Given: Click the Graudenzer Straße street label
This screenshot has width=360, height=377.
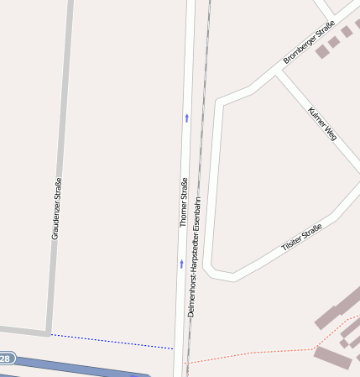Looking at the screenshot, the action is coord(56,210).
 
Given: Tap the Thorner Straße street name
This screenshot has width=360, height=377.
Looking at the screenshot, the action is coord(183,202).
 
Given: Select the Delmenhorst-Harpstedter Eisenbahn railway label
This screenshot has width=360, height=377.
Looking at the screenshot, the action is coord(194,256).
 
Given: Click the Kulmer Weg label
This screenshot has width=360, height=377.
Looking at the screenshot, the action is coord(321,123).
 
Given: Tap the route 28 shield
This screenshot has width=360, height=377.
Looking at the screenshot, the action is coord(6,359).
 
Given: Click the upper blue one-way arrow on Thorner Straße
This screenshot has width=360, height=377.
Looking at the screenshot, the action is coord(186,118).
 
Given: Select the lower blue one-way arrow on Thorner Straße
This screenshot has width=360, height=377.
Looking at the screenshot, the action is coord(180,264).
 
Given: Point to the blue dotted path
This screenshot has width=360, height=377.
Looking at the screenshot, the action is coord(109,341).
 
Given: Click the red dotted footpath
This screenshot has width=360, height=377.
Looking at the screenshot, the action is coord(252,353).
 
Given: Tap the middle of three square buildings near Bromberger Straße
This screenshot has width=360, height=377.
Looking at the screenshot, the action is coord(334,42).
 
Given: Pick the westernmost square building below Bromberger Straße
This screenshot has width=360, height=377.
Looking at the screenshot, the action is coord(321,52).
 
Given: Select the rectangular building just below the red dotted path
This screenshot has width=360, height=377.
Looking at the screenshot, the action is coord(332,358).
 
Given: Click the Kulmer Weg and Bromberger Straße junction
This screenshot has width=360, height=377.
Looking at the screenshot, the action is coord(280,72).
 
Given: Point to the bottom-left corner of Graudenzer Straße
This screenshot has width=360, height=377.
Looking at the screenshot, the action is coord(47,332).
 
